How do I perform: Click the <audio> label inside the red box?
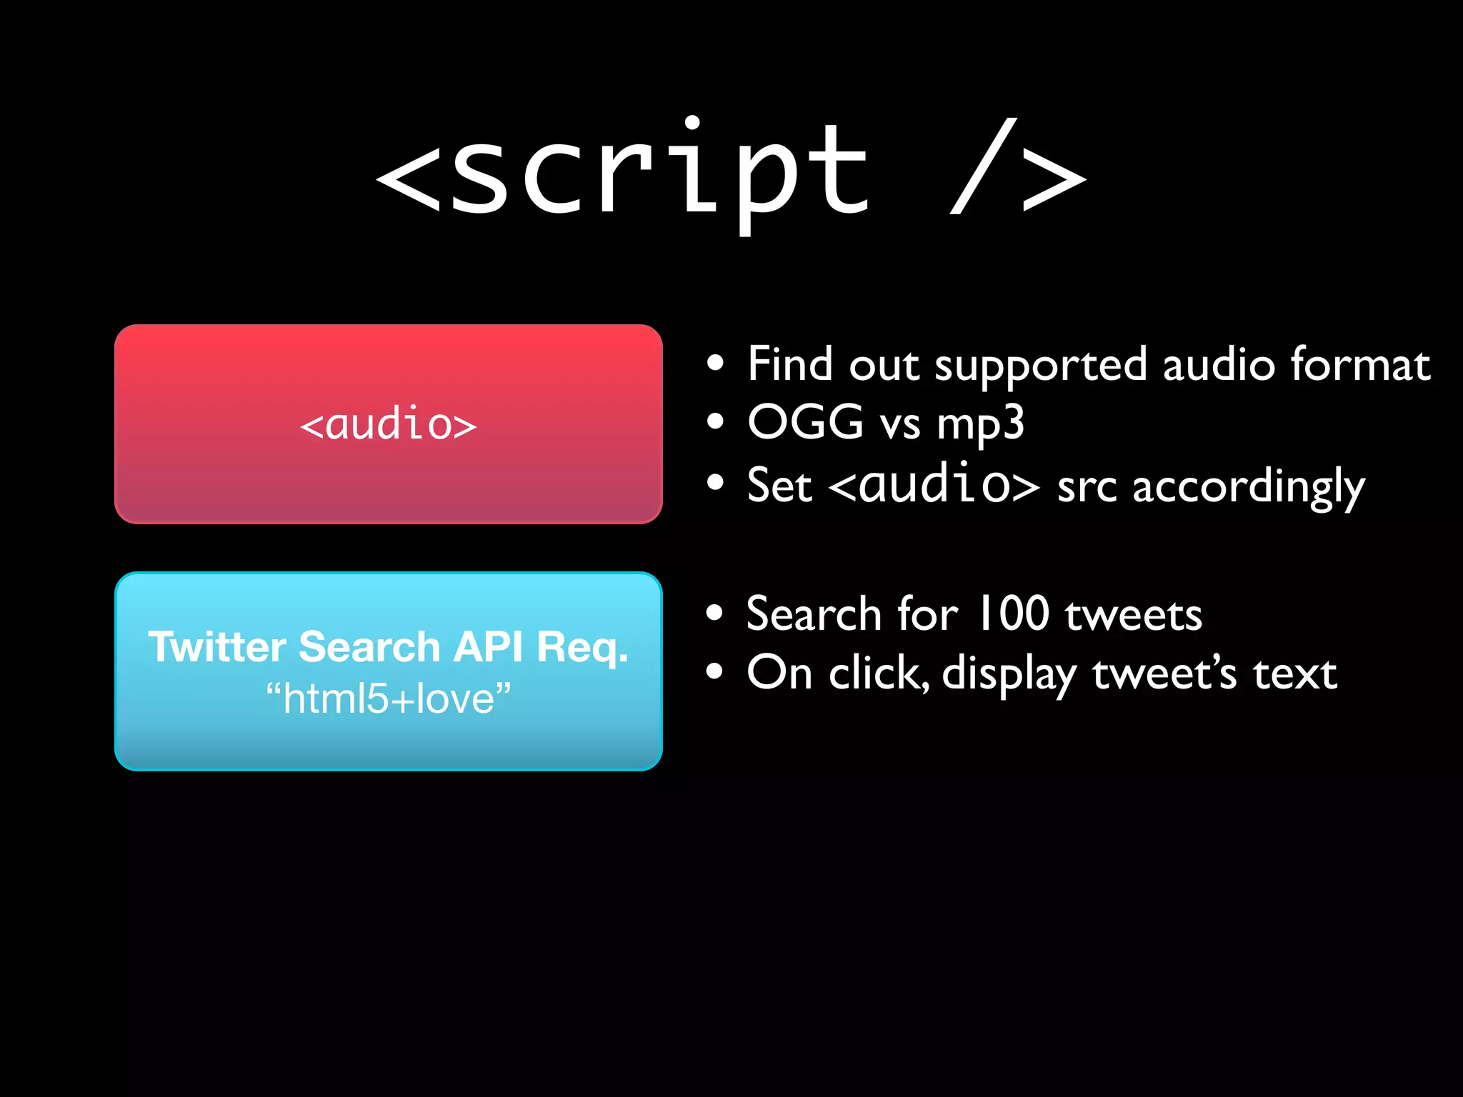point(388,424)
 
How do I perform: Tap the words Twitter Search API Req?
point(388,647)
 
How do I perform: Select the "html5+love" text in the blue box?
point(388,698)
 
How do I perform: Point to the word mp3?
point(980,424)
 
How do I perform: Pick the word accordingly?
point(1248,488)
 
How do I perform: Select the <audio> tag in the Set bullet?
point(934,484)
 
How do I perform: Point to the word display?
point(1009,674)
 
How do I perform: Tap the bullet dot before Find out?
point(715,364)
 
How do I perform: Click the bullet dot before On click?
point(715,671)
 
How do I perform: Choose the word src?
point(1087,488)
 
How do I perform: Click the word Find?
point(789,364)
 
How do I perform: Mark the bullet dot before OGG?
point(715,421)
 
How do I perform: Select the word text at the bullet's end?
point(1294,673)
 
